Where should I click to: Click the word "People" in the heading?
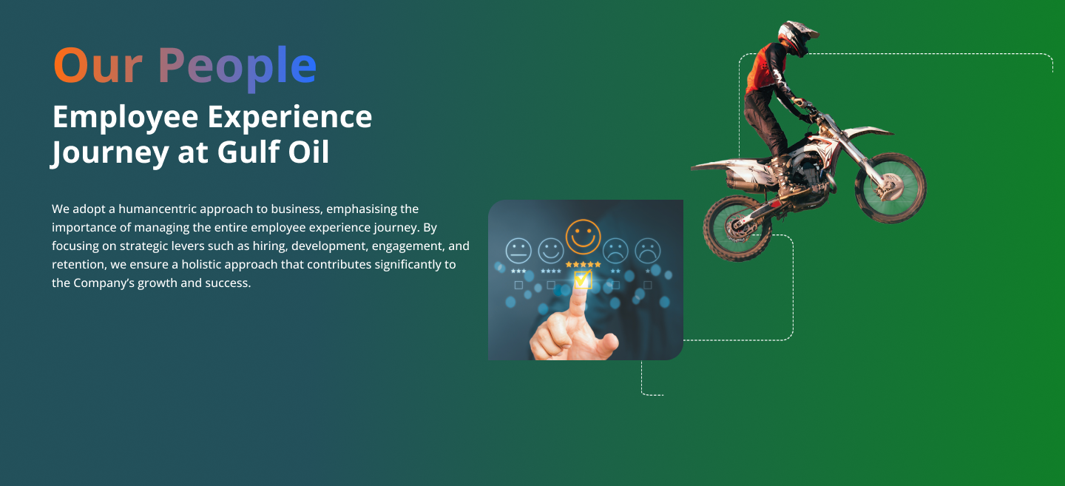(x=237, y=67)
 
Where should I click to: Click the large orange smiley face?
(x=583, y=236)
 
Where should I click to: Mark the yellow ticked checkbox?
(x=583, y=279)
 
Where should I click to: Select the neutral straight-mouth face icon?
(x=518, y=250)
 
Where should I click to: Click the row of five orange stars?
(x=583, y=264)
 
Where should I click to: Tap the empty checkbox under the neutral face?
(x=518, y=285)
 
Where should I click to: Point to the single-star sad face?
(x=648, y=250)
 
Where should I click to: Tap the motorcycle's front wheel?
(x=890, y=188)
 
